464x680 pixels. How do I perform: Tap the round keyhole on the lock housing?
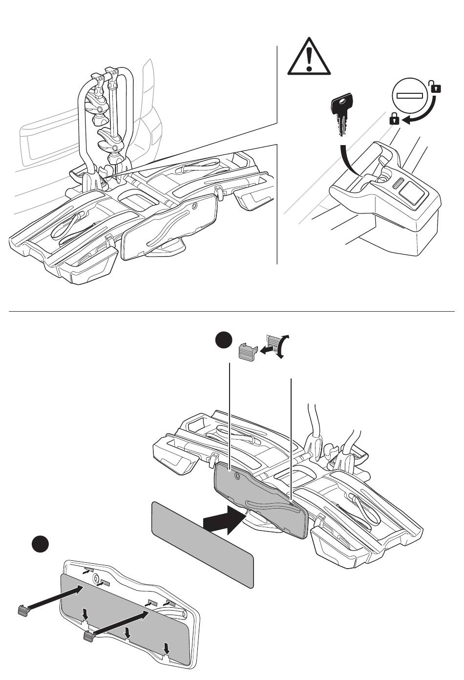coord(382,180)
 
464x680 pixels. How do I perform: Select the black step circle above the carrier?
coord(225,340)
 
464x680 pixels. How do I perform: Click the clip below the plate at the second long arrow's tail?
coord(88,636)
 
